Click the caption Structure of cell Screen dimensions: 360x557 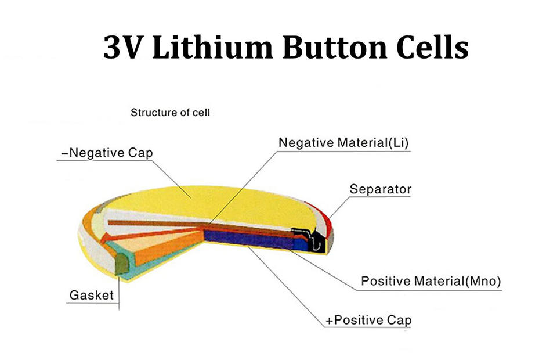[x=170, y=112]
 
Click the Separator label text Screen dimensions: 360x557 [x=380, y=189]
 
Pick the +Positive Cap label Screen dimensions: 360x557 [x=369, y=320]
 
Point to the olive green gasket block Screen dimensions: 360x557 [x=122, y=265]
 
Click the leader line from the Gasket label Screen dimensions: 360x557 [x=120, y=290]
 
